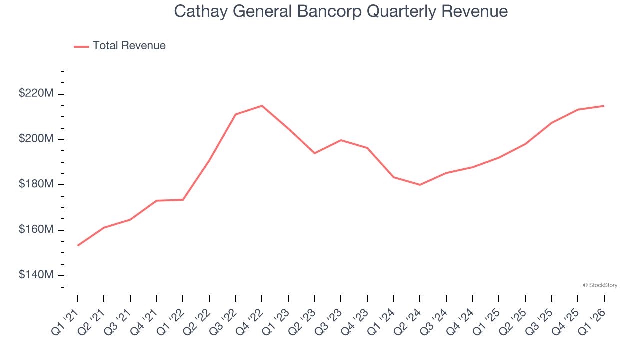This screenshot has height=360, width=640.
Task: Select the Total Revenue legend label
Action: (x=129, y=46)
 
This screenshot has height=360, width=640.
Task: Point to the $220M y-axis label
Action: (x=36, y=93)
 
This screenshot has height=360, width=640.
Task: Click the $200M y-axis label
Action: (x=36, y=139)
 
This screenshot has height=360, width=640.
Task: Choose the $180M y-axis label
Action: (x=36, y=184)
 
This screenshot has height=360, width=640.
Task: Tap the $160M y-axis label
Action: (x=36, y=230)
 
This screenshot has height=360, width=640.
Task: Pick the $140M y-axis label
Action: (x=36, y=275)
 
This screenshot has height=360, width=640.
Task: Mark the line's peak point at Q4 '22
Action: (x=262, y=106)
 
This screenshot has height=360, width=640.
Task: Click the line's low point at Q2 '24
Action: (x=420, y=185)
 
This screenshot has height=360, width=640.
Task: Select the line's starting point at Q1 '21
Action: (x=78, y=245)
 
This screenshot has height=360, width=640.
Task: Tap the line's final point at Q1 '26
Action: (x=604, y=106)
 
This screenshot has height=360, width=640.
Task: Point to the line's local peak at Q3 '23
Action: (x=341, y=140)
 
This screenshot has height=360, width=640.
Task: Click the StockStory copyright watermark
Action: (x=600, y=285)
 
